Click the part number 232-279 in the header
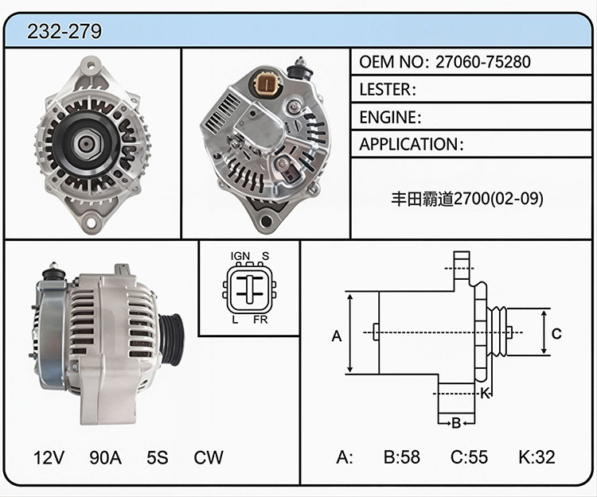pyautogui.click(x=64, y=31)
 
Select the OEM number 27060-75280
pyautogui.click(x=483, y=61)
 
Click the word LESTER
pyautogui.click(x=385, y=89)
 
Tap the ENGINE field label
pyautogui.click(x=388, y=117)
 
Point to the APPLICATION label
pyautogui.click(x=409, y=145)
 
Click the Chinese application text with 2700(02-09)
pyautogui.click(x=467, y=199)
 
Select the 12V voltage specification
pyautogui.click(x=49, y=457)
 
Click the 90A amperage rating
pyautogui.click(x=105, y=457)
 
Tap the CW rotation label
pyautogui.click(x=209, y=457)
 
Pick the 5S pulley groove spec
pyautogui.click(x=158, y=457)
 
